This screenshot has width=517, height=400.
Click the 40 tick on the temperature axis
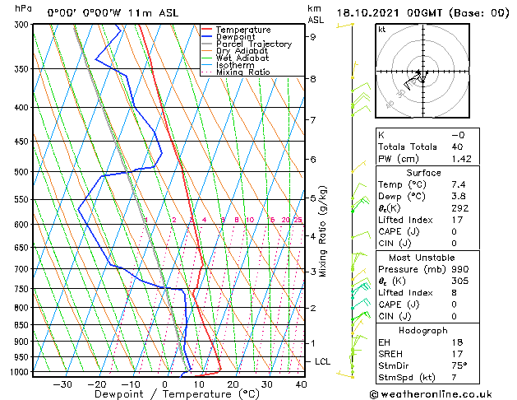tap(301, 384)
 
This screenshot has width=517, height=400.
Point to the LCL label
tap(323, 361)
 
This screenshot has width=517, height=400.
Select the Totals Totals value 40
tap(458, 147)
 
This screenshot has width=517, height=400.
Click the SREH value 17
tap(458, 353)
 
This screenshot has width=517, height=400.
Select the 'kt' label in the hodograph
tap(381, 30)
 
